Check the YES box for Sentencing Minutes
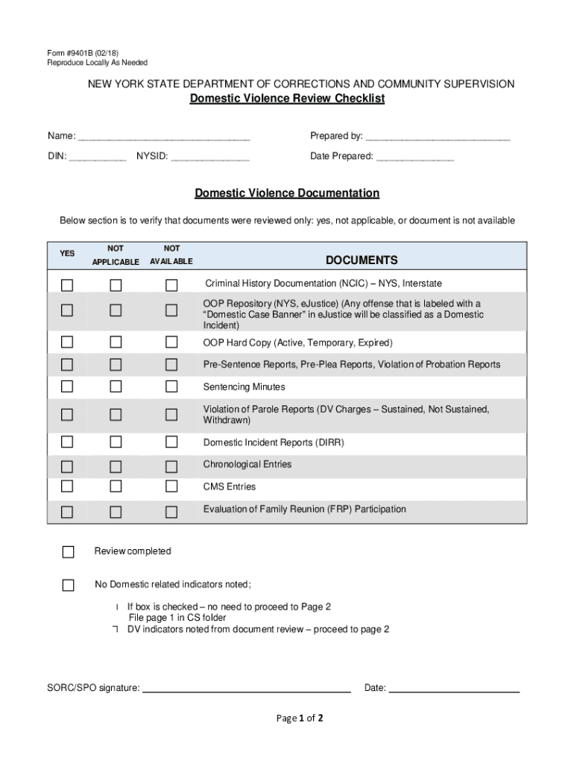[x=68, y=386]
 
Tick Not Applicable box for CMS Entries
[x=116, y=486]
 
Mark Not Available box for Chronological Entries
[x=171, y=467]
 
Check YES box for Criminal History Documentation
[x=68, y=285]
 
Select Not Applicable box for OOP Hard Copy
[x=116, y=342]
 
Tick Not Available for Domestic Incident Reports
[x=171, y=442]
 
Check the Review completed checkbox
[x=69, y=552]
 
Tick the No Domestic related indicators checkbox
[x=69, y=585]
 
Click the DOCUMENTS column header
[x=362, y=260]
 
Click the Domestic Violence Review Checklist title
[x=287, y=99]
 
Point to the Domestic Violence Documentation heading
[x=287, y=193]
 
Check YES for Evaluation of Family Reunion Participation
[x=68, y=512]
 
